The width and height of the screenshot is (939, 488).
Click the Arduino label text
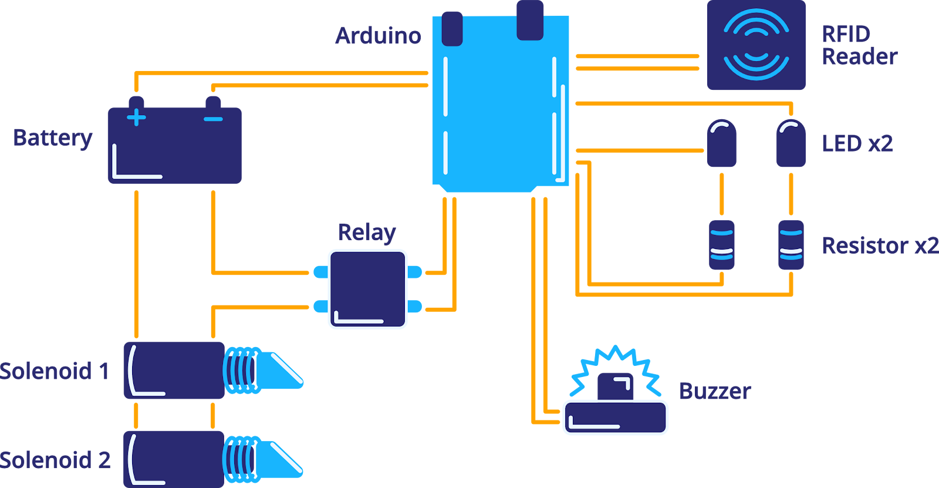click(378, 36)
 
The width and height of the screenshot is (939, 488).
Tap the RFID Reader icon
click(756, 45)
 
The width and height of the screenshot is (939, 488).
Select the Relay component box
click(367, 289)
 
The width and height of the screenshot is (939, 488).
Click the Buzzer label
click(715, 392)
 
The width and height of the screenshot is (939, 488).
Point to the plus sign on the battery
click(136, 117)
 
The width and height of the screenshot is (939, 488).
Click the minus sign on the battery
click(213, 119)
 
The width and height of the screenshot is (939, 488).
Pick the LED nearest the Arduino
click(721, 143)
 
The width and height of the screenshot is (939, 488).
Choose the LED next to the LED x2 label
click(791, 143)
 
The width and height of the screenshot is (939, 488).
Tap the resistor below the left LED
click(721, 245)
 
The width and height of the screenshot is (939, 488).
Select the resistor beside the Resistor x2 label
click(791, 245)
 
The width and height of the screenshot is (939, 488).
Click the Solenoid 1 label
click(55, 371)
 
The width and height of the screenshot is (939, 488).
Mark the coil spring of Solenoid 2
click(241, 459)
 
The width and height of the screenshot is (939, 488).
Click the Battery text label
click(53, 139)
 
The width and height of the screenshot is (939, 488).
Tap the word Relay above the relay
click(367, 233)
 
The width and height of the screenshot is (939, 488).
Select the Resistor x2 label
click(880, 245)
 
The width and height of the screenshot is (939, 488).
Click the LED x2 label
click(857, 143)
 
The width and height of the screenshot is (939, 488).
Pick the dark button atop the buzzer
click(615, 386)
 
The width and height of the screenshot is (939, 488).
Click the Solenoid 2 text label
click(55, 460)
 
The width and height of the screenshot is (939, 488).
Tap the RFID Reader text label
click(859, 45)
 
